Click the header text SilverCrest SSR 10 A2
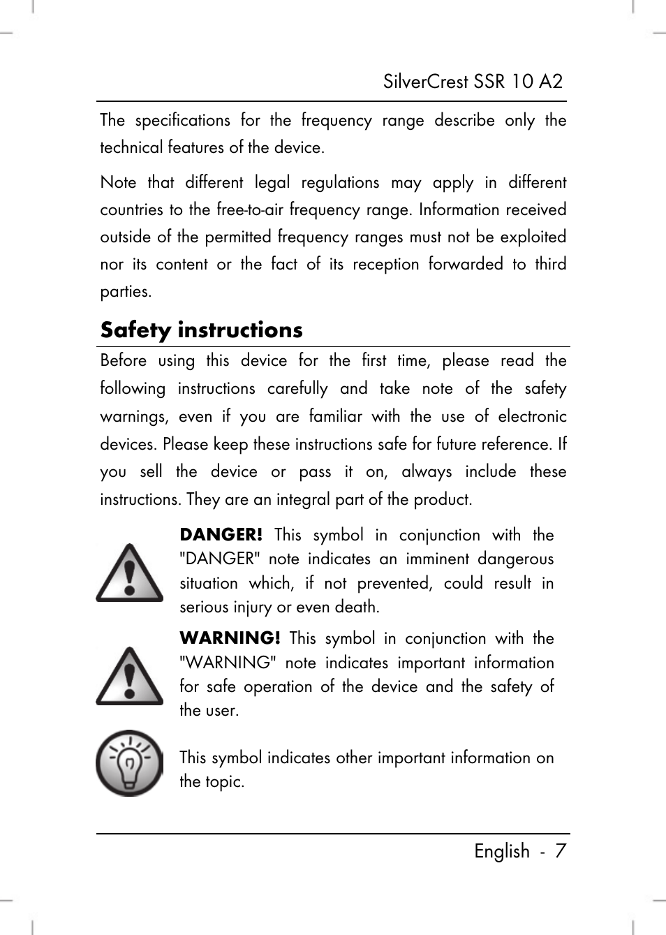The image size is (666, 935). pyautogui.click(x=473, y=82)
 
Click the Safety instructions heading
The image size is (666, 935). pyautogui.click(x=201, y=330)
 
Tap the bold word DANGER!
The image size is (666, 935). pyautogui.click(x=221, y=535)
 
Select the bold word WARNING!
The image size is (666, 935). pyautogui.click(x=230, y=638)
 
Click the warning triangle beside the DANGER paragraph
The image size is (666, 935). pyautogui.click(x=130, y=573)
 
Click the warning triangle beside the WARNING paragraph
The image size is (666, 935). pyautogui.click(x=130, y=676)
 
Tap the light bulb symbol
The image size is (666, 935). pyautogui.click(x=129, y=763)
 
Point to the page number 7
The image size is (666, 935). pyautogui.click(x=560, y=851)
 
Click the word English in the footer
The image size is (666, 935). pyautogui.click(x=502, y=851)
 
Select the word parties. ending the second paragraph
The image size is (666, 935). pyautogui.click(x=126, y=292)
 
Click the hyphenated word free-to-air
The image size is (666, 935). pyautogui.click(x=250, y=210)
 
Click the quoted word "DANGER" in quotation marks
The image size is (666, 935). pyautogui.click(x=219, y=559)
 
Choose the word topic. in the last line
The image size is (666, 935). pyautogui.click(x=225, y=781)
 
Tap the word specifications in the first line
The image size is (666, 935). pyautogui.click(x=182, y=120)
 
